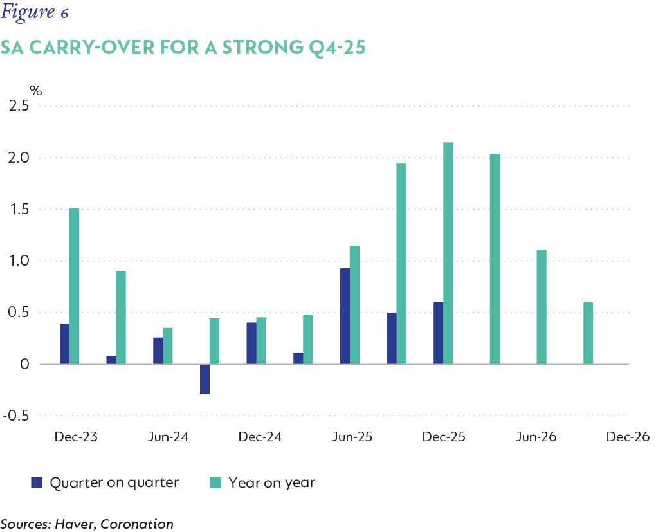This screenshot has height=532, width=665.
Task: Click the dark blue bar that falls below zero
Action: tap(205, 379)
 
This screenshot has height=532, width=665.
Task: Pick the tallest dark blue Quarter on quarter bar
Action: tap(345, 316)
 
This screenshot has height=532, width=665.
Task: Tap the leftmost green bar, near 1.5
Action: tap(74, 286)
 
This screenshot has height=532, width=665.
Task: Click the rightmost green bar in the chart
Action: tap(588, 333)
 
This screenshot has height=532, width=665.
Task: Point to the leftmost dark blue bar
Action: tap(64, 344)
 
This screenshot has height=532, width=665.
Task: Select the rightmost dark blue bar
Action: tap(438, 333)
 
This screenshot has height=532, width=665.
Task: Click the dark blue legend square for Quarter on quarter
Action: tap(37, 482)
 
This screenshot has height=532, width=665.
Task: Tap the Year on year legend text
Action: tap(272, 482)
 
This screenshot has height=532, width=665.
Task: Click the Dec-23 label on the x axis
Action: tap(76, 437)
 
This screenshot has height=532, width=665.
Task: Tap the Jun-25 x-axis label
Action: tap(352, 437)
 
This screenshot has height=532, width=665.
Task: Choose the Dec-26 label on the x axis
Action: tap(628, 437)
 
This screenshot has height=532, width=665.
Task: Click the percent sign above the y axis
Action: tap(35, 89)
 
